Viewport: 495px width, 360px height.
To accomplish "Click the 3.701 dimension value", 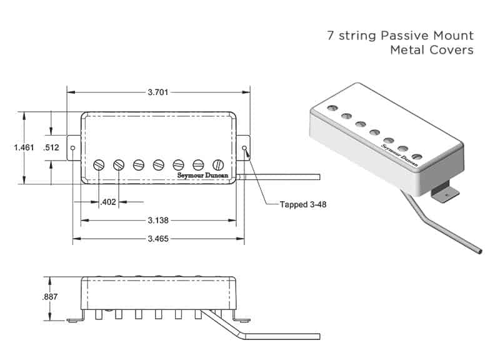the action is (x=158, y=92).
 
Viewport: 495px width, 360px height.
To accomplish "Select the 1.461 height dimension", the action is (x=24, y=147).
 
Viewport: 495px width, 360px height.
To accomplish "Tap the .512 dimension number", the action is (x=51, y=147).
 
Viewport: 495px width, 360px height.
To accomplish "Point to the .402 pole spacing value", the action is (x=107, y=202).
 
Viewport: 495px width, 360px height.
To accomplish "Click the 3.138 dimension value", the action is (x=158, y=221).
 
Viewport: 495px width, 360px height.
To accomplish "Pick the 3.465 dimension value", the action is (x=158, y=239).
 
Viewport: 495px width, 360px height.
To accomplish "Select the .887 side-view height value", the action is (x=50, y=297).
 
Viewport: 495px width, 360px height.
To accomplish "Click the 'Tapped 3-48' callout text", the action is (x=303, y=204).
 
